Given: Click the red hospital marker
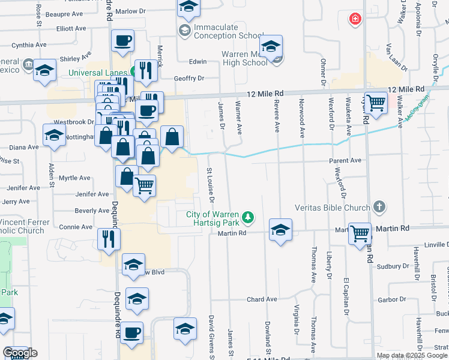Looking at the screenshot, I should [x=357, y=19].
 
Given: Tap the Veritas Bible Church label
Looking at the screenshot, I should [x=332, y=208].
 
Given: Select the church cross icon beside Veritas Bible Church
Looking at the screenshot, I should [x=378, y=208].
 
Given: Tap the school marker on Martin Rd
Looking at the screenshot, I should [x=280, y=230].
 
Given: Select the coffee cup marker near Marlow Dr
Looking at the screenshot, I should [x=122, y=41].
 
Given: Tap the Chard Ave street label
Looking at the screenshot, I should [x=262, y=299].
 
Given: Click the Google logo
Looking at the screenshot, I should [x=20, y=353].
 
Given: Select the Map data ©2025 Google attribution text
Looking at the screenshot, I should [x=412, y=355].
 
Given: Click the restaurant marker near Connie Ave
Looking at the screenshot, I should [x=109, y=238].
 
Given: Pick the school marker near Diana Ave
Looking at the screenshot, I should [x=54, y=136].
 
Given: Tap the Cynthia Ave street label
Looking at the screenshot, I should [x=29, y=45].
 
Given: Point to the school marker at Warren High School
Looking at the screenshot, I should [x=271, y=46].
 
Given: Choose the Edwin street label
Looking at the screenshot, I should [x=197, y=62].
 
